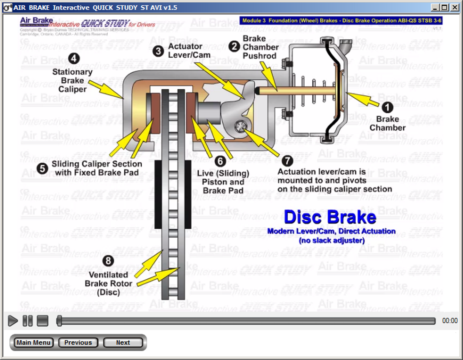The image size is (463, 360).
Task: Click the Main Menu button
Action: [34, 343]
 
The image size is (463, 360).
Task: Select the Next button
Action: [123, 343]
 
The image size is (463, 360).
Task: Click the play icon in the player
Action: [12, 321]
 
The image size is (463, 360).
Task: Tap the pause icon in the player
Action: [27, 321]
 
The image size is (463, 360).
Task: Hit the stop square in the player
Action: [43, 321]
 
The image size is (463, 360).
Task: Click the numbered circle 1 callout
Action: [387, 107]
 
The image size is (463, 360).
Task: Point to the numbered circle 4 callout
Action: [74, 59]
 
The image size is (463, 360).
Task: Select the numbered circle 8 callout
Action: [108, 261]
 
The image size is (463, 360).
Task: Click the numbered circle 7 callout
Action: [287, 160]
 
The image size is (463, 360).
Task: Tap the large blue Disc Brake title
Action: [330, 217]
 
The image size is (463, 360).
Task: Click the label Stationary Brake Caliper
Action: [72, 81]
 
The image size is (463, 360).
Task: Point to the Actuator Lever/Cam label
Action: [189, 51]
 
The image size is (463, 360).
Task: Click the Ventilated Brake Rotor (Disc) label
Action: [109, 283]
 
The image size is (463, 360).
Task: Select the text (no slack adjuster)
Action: [332, 240]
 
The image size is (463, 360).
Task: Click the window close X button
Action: [455, 7]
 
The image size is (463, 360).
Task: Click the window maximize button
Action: [445, 7]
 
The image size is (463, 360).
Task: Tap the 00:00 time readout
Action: [450, 321]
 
